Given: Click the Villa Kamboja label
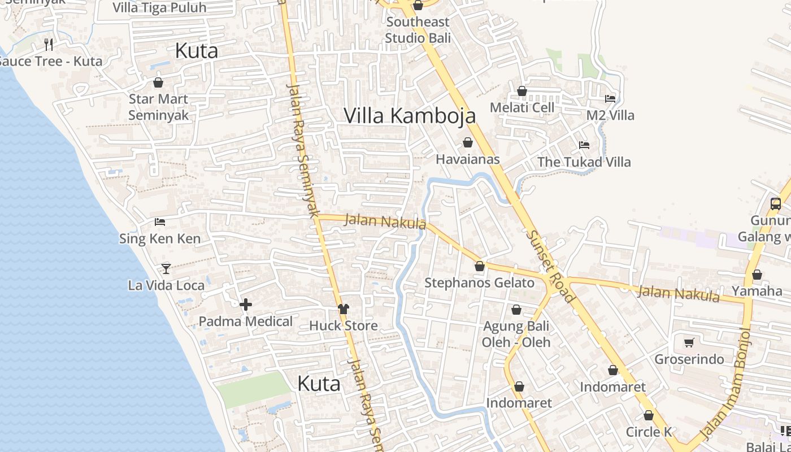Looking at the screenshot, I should coord(410,115).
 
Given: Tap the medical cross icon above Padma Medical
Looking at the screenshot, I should coord(246,305).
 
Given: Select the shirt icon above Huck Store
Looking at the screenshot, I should coord(344,308).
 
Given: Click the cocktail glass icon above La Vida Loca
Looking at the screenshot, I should coord(166,268).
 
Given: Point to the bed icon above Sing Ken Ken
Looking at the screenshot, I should coord(160,222).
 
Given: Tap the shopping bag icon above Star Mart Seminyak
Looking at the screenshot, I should coord(158,82).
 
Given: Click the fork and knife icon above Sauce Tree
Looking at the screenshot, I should coord(49,44).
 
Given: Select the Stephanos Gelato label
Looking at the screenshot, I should coord(479,282).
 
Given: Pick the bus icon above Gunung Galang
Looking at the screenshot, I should coord(776,204).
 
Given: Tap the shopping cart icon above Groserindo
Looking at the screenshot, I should coord(689,342).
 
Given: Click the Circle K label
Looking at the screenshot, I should coord(649,432).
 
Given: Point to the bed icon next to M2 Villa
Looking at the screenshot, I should coord(610,98).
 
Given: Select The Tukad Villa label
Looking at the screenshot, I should coord(584,162).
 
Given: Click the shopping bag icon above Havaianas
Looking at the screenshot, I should coord(468,142).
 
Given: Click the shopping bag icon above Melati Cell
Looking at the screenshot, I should coord(522,91).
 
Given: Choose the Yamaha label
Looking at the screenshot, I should coord(757,291).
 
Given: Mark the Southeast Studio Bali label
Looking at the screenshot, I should coord(418,30).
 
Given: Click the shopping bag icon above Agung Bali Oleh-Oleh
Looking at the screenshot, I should coord(516,310).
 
